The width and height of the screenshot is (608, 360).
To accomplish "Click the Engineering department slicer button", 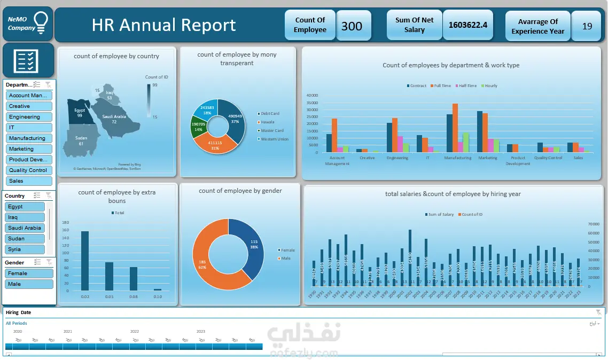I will (x=29, y=117).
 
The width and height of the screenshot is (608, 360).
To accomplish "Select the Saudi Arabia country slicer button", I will (x=25, y=228).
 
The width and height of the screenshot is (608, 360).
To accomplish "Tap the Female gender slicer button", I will (x=29, y=273).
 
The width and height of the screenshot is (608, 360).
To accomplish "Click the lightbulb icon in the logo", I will (x=42, y=21).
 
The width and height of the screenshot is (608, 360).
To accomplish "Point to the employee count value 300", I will (x=352, y=26).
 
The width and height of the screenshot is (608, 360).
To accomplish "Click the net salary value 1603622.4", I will (x=467, y=25).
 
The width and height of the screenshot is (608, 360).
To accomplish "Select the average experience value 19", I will (x=587, y=26).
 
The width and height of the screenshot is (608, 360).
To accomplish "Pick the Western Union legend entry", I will (x=274, y=139).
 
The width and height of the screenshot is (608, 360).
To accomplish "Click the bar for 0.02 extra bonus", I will (x=84, y=261).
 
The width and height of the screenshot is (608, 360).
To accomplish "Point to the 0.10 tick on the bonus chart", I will (x=158, y=296).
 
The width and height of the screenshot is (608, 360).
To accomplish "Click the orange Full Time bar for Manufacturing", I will (x=455, y=128).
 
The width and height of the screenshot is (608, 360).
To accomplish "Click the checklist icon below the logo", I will (x=28, y=60).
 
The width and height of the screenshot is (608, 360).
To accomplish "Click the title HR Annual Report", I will (x=163, y=25).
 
